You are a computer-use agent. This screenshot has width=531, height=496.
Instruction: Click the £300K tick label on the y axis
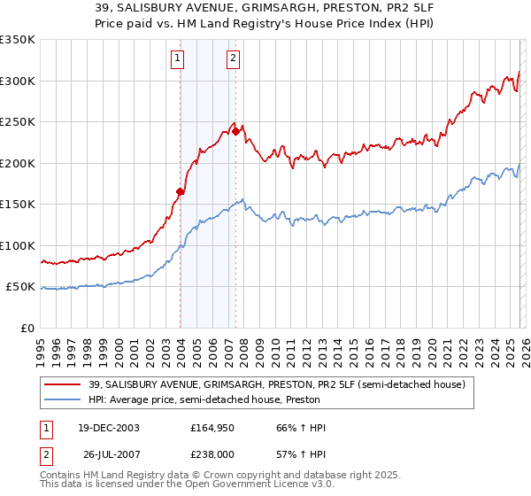click(x=18, y=81)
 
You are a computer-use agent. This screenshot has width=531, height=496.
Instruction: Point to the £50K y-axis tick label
click(x=20, y=287)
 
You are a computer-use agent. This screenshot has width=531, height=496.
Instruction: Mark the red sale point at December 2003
click(x=181, y=191)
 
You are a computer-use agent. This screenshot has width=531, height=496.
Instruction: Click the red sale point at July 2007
click(x=236, y=131)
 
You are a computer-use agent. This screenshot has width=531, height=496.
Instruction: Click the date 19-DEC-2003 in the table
click(x=103, y=428)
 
